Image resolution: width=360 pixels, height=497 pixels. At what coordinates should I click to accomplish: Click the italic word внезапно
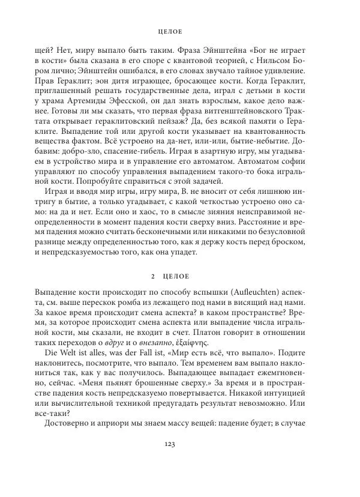[157, 345]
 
